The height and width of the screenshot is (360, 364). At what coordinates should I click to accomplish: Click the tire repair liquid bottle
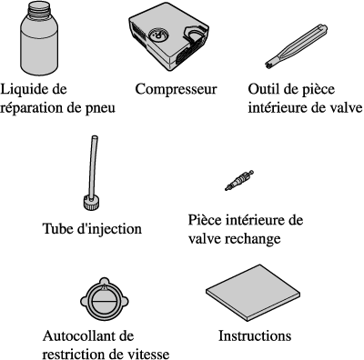39,38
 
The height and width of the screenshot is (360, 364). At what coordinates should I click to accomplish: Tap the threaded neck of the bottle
39,8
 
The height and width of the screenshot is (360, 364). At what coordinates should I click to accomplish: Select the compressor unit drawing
168,37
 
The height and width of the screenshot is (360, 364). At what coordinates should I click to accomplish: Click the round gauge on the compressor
158,35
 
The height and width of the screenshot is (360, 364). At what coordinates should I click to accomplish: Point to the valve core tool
297,45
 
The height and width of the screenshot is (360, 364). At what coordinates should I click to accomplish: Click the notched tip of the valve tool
268,65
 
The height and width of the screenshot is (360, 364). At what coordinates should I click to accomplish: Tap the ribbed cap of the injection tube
92,203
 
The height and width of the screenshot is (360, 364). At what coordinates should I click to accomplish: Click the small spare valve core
239,180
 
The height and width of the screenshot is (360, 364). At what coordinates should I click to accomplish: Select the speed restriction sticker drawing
105,300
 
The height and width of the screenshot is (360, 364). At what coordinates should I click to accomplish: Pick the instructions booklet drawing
253,294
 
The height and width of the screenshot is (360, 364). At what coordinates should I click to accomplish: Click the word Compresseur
176,89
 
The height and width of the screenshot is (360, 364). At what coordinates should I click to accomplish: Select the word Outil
263,89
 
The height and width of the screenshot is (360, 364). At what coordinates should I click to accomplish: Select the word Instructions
255,336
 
